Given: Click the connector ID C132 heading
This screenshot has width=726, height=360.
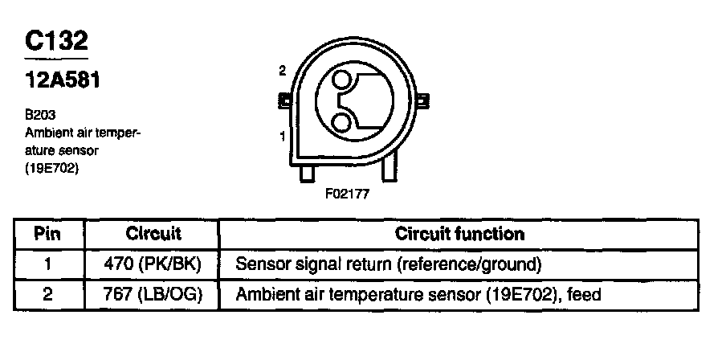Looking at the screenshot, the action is [56, 41].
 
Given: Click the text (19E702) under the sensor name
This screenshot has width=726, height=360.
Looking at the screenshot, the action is [52, 168].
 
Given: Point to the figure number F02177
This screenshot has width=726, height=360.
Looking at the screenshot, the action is [348, 194].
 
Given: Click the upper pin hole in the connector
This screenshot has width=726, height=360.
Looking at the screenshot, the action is [342, 80].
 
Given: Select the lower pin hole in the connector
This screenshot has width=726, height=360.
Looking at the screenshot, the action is [342, 121].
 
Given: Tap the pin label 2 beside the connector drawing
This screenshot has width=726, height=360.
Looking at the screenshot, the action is [283, 71].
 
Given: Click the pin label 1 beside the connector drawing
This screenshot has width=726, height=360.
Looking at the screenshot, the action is [283, 137].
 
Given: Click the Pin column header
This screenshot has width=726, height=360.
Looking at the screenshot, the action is [48, 234].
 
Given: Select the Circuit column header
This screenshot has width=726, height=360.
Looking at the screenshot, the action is [153, 234].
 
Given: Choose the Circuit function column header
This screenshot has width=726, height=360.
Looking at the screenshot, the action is [459, 234].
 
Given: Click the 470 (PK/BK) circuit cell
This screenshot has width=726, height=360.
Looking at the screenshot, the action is [153, 264].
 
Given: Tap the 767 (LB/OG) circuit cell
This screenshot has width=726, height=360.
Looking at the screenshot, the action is [153, 295].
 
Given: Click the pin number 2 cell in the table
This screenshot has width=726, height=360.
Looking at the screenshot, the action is [48, 295].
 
